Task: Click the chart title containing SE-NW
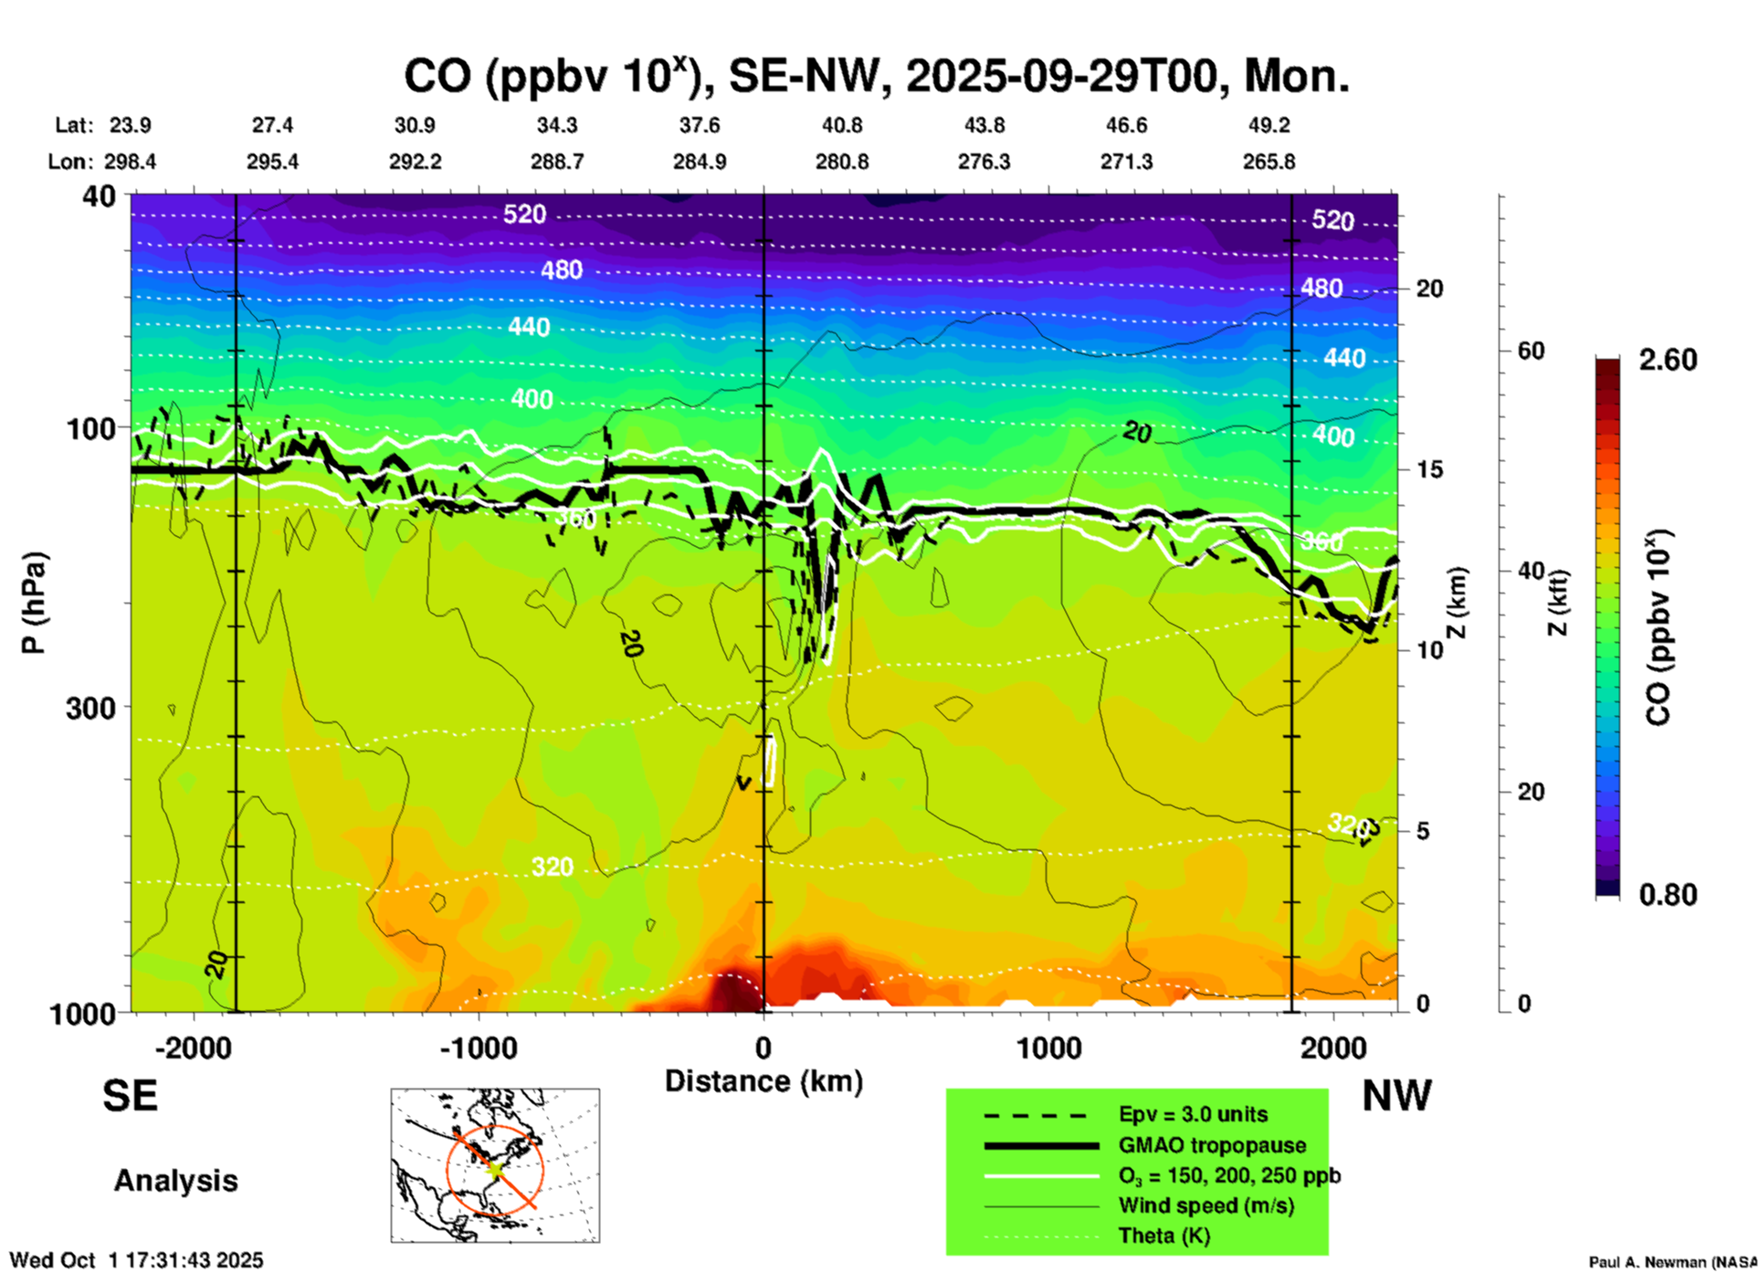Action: [876, 77]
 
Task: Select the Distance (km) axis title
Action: [764, 1081]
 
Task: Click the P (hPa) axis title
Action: [33, 603]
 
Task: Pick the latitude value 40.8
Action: [841, 125]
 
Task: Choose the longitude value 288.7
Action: [557, 162]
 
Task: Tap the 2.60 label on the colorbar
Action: [1668, 360]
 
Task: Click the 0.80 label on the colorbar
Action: [1668, 894]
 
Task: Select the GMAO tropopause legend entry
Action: [1212, 1145]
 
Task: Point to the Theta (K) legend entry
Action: [1164, 1236]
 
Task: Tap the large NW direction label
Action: [1396, 1096]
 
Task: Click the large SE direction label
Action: [130, 1096]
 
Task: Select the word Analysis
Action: [175, 1181]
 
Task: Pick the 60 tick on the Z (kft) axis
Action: [1531, 351]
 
